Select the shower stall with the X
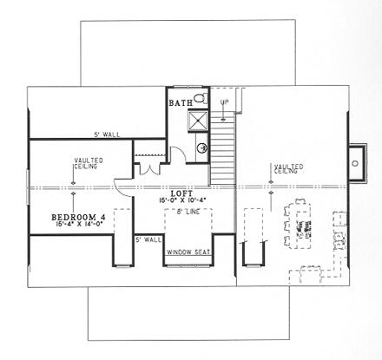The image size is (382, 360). click(x=199, y=121)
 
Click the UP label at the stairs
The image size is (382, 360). click(x=224, y=102)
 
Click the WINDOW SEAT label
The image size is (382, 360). click(x=188, y=252)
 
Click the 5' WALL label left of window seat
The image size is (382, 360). click(x=148, y=239)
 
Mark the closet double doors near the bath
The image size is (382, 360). click(x=145, y=167)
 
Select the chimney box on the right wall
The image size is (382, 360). click(x=355, y=161)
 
